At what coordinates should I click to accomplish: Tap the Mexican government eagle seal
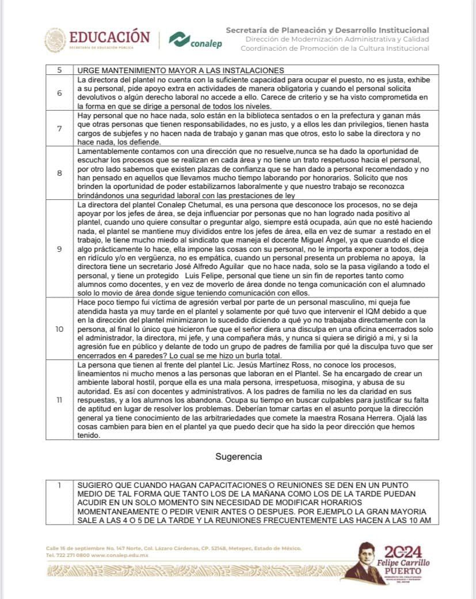pyautogui.click(x=56, y=40)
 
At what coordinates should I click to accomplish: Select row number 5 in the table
pyautogui.click(x=60, y=70)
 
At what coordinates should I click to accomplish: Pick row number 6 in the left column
pyautogui.click(x=60, y=93)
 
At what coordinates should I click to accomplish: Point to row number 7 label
pyautogui.click(x=60, y=128)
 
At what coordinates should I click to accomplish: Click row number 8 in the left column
pyautogui.click(x=60, y=172)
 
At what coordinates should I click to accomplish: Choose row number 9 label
pyautogui.click(x=60, y=249)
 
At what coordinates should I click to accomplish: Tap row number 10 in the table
pyautogui.click(x=60, y=329)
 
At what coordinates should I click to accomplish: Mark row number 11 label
pyautogui.click(x=60, y=400)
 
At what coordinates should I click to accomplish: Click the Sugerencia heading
pyautogui.click(x=239, y=457)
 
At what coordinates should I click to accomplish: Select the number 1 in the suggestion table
pyautogui.click(x=60, y=485)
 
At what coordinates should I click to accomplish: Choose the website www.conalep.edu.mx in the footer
pyautogui.click(x=119, y=555)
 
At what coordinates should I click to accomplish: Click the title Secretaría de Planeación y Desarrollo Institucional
pyautogui.click(x=327, y=30)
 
